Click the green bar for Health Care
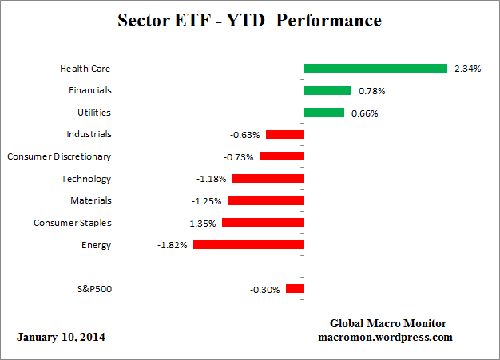375,69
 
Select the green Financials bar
327,91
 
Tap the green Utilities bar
323,113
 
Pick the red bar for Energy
248,245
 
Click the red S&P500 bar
295,289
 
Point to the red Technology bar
268,179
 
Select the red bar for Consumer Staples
263,223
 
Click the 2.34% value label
466,69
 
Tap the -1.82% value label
173,245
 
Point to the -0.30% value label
265,290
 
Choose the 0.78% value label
371,91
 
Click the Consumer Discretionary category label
59,156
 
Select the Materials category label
90,200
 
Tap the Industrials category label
89,134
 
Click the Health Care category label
85,69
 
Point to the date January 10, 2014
61,337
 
